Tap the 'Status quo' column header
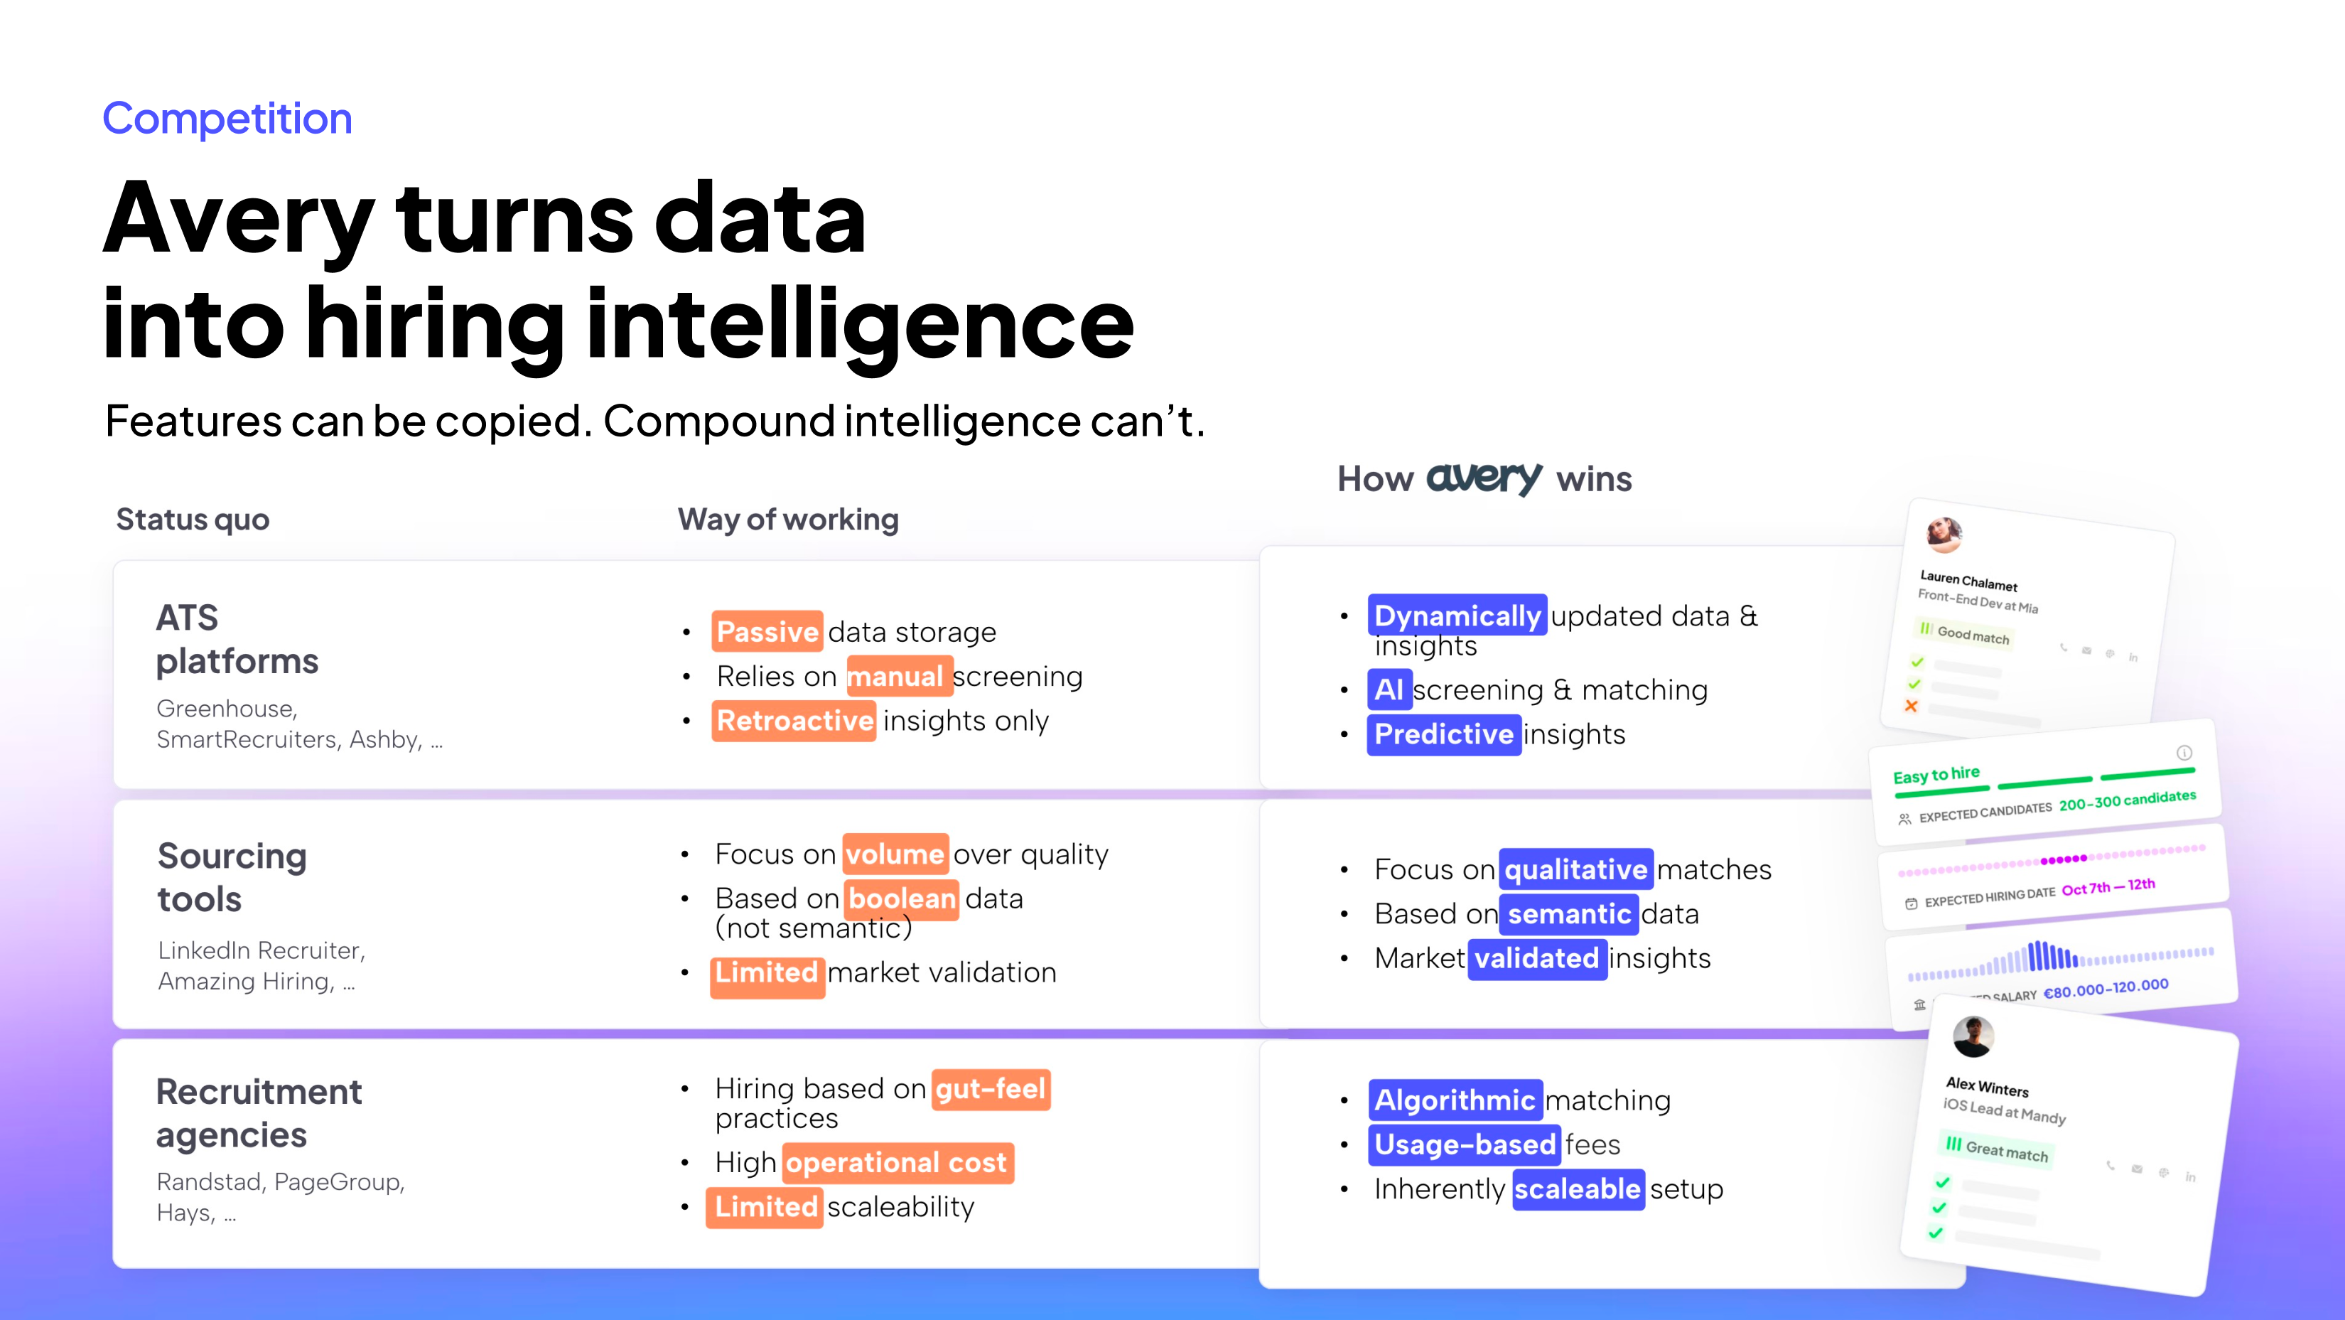coord(193,520)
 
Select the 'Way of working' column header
coord(788,520)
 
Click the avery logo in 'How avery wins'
coord(1484,477)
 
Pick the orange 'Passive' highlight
coord(767,631)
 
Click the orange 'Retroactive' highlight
coord(794,720)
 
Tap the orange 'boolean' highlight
coord(901,898)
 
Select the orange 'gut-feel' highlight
coord(991,1089)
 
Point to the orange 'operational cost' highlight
coord(897,1162)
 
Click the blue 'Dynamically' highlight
coord(1457,616)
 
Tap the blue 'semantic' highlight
coord(1570,913)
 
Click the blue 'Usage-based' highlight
coord(1465,1144)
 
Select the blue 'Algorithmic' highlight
coord(1455,1100)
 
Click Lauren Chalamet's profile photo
coord(1944,535)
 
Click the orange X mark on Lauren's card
coord(1911,706)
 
